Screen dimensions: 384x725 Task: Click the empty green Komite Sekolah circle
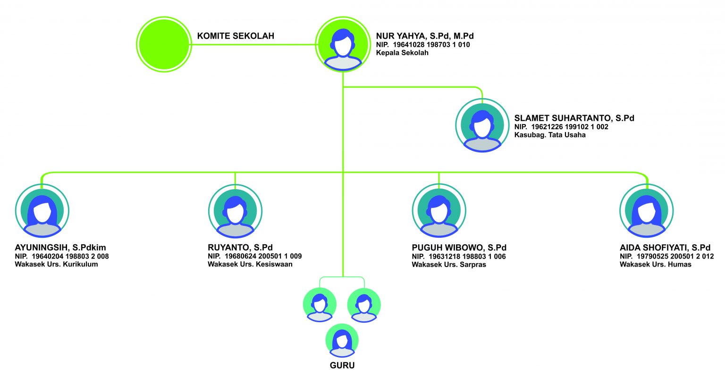point(164,44)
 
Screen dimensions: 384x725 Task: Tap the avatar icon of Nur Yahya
point(343,44)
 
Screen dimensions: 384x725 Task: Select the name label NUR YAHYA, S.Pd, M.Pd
point(424,36)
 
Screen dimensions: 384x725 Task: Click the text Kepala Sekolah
point(402,53)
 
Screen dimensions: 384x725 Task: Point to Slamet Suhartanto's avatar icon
point(482,125)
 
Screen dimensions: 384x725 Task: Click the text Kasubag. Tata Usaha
point(550,135)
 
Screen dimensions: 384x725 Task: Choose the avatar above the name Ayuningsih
point(42,211)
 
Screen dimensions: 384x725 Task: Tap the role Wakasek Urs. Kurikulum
point(56,264)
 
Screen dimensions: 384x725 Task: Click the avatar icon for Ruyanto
point(235,211)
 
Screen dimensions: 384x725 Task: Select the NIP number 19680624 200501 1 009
point(263,256)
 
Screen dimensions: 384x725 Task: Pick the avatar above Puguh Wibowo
point(439,211)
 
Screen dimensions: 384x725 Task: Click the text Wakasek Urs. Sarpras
point(449,265)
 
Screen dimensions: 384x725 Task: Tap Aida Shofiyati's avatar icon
point(646,211)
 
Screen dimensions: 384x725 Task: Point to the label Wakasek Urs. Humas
point(655,265)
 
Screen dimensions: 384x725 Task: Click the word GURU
point(342,366)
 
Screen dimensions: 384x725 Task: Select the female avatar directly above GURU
point(342,341)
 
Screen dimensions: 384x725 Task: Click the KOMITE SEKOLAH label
point(236,36)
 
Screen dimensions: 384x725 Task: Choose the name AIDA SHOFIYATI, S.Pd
point(665,248)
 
